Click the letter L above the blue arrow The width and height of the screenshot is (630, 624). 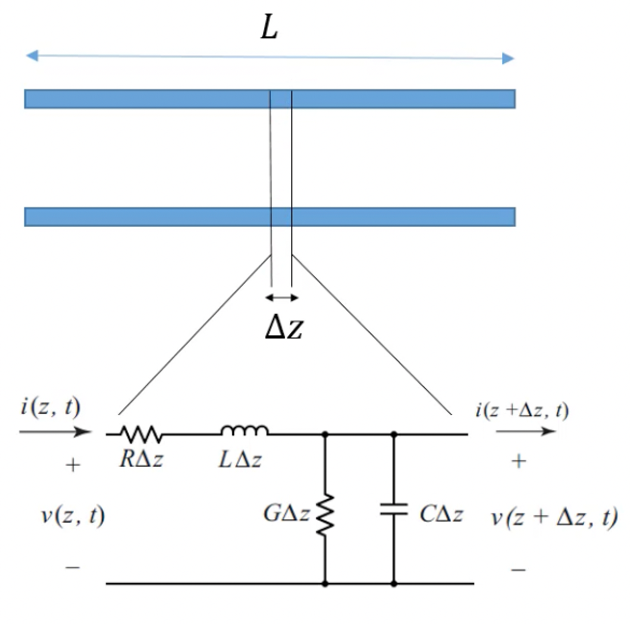[x=269, y=27]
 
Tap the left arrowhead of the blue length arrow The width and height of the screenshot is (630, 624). [x=32, y=55]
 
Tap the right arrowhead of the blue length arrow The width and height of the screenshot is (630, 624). [x=508, y=59]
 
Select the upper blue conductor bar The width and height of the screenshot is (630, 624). [x=147, y=99]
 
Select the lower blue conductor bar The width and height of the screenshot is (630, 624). [x=147, y=217]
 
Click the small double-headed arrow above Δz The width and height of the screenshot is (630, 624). [x=282, y=297]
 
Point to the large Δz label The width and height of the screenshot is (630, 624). [x=284, y=327]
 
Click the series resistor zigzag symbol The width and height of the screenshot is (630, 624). [x=141, y=434]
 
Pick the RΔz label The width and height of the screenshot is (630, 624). [x=141, y=459]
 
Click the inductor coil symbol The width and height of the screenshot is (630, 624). [x=244, y=431]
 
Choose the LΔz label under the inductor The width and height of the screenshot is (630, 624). [x=240, y=460]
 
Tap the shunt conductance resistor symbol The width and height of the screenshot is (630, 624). [x=325, y=515]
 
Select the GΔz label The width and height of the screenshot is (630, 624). [x=287, y=514]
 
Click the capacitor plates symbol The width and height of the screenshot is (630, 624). [x=394, y=510]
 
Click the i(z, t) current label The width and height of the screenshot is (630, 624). [x=50, y=407]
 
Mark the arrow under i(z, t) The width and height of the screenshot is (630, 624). [x=55, y=432]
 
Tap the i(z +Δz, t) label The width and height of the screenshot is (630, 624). [x=522, y=410]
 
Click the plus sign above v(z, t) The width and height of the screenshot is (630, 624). [x=73, y=465]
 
